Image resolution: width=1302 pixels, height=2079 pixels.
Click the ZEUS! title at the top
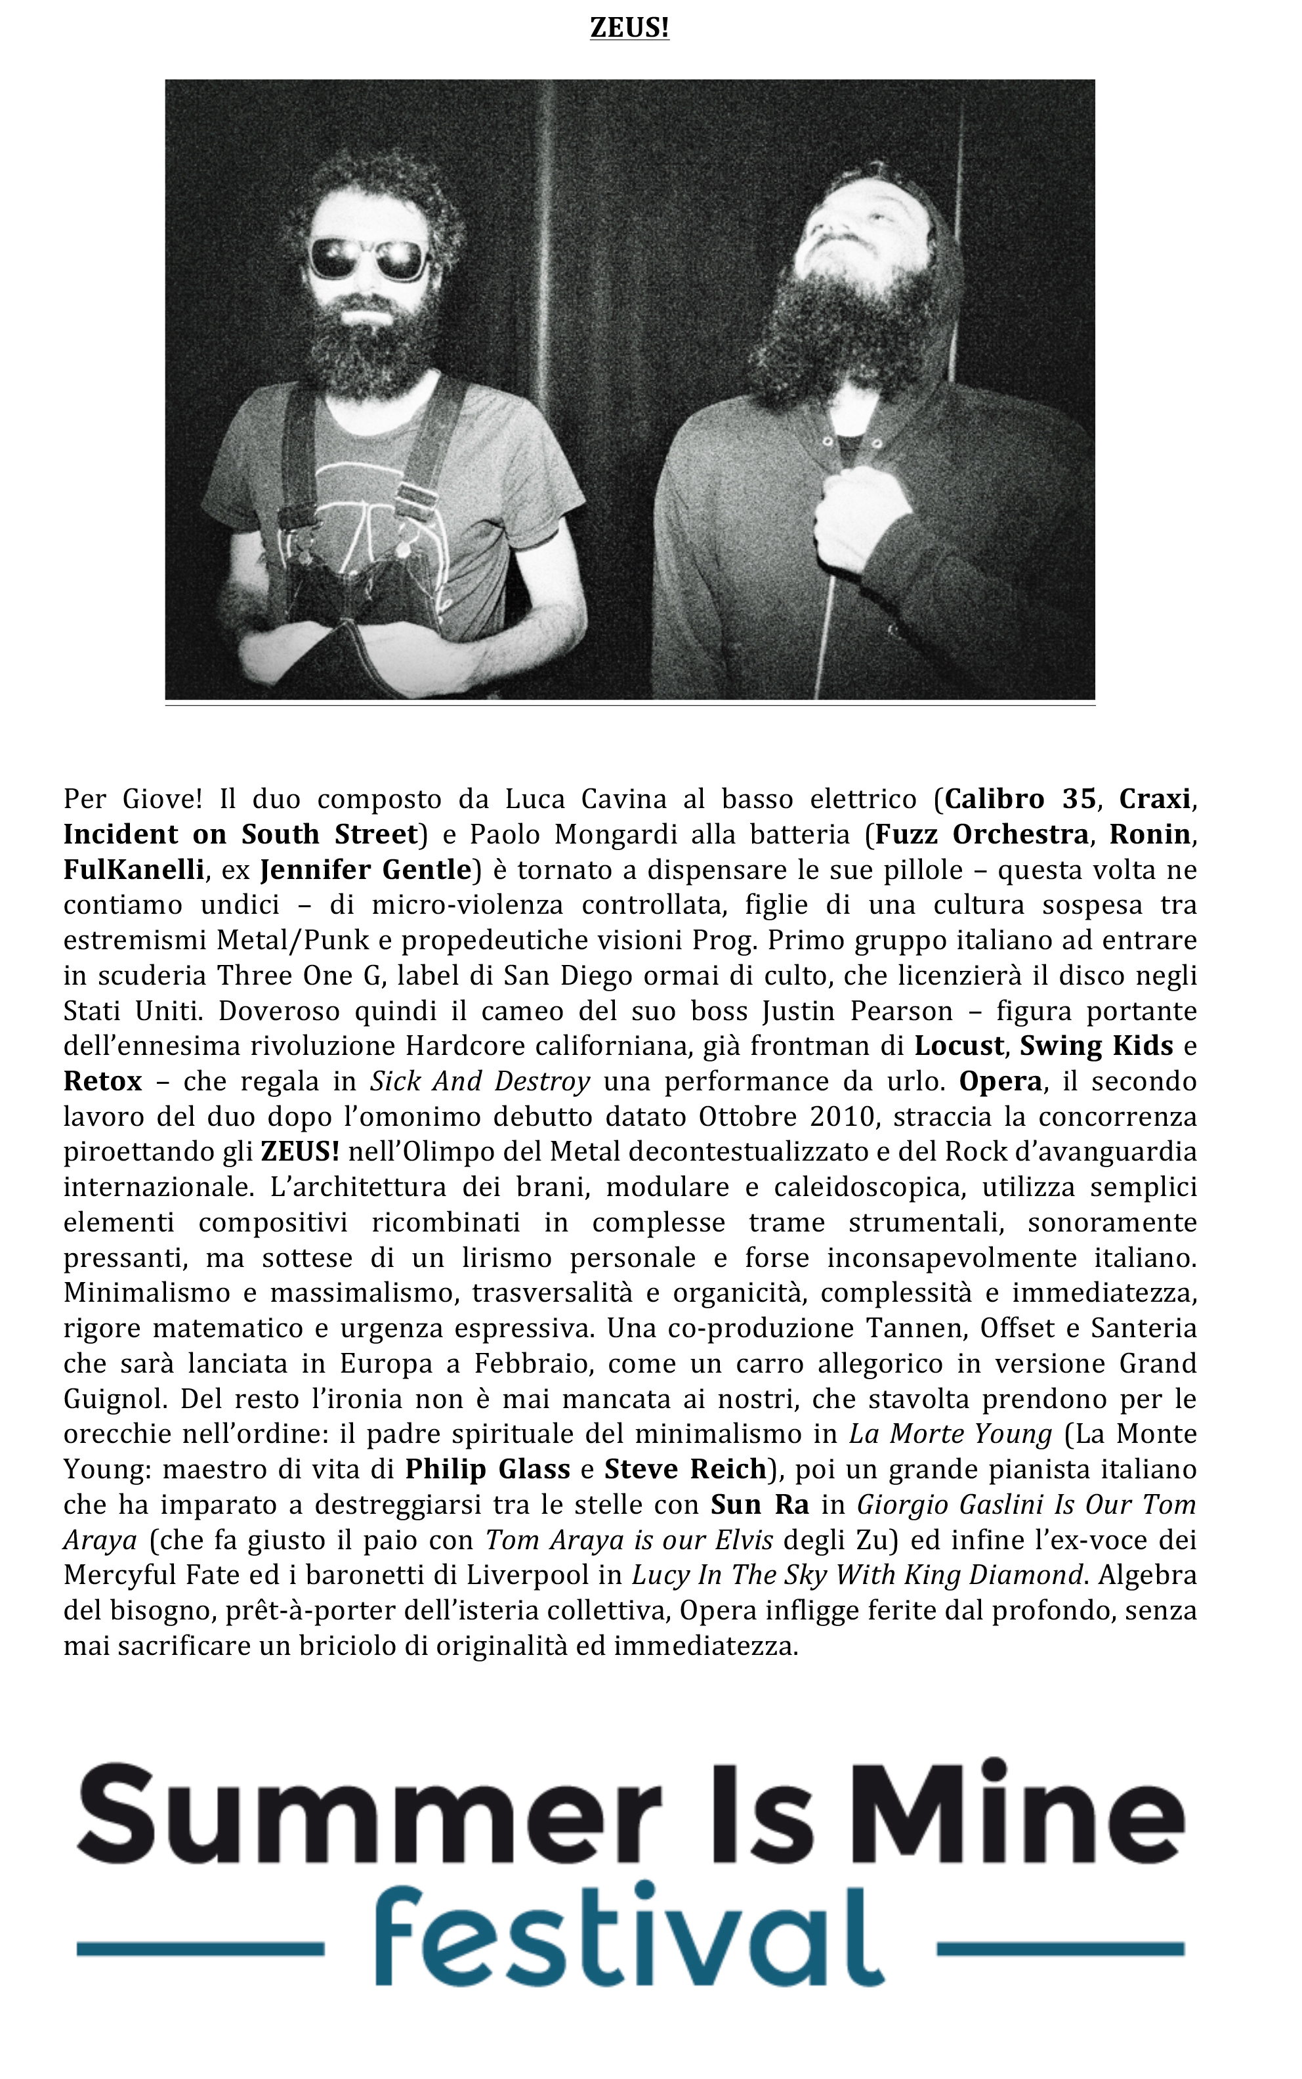(629, 28)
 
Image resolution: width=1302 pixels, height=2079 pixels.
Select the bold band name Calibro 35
(1020, 799)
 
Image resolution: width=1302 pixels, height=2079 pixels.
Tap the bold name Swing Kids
(1096, 1046)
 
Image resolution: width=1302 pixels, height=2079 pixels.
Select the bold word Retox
(102, 1082)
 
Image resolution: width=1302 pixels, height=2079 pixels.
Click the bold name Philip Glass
(488, 1469)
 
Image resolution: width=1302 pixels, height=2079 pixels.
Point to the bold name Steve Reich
(685, 1469)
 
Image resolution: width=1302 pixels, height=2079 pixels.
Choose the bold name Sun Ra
(759, 1505)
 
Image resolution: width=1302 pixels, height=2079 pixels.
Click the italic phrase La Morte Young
(950, 1434)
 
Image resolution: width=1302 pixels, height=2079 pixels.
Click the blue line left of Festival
(199, 1948)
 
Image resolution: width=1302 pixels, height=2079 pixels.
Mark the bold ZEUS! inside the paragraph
(300, 1152)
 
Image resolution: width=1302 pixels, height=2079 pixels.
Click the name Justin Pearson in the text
(857, 1011)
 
